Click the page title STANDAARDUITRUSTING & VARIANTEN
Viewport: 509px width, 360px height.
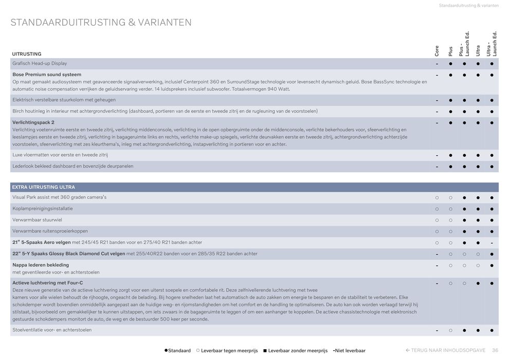[101, 23]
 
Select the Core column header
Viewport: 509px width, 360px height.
[437, 50]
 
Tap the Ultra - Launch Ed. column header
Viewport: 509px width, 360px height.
[492, 44]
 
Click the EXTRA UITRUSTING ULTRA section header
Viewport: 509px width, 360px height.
[44, 187]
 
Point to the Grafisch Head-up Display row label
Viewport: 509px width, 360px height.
[40, 63]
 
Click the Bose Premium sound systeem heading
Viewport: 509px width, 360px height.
[47, 75]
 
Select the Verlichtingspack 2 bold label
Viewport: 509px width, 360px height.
[33, 122]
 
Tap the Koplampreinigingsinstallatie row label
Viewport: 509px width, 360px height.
[43, 208]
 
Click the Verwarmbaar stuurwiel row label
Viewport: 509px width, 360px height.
[37, 220]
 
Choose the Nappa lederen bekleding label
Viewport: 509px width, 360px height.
[41, 265]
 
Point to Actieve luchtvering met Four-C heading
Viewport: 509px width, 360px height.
[48, 283]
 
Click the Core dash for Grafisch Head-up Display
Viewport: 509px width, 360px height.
[437, 64]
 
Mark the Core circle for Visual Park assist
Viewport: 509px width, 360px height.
[437, 197]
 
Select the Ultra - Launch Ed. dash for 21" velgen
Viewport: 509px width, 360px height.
[492, 243]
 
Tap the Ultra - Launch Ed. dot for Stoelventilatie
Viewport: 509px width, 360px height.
[492, 330]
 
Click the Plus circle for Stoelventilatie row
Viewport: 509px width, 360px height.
[450, 330]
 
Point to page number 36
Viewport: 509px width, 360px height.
[495, 350]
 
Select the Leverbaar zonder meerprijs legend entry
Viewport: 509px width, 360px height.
[295, 351]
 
